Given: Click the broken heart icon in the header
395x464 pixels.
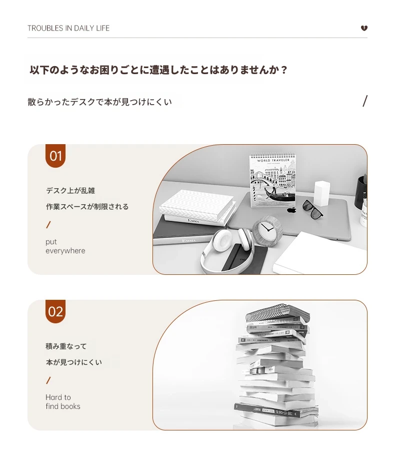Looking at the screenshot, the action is (364, 28).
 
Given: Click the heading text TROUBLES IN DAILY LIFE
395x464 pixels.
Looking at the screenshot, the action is (68, 28).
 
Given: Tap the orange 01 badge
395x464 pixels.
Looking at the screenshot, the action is (55, 156).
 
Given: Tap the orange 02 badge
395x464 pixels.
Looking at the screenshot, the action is (55, 312).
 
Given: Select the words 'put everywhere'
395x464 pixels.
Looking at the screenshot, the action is (65, 246).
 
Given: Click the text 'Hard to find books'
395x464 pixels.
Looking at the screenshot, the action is (63, 402).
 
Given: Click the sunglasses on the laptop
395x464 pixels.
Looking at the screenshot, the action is (313, 209).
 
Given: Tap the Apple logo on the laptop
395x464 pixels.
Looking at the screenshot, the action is (292, 210).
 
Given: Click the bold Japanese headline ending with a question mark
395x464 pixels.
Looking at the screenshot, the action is (158, 70).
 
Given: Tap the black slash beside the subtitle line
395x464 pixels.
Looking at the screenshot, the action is (365, 101).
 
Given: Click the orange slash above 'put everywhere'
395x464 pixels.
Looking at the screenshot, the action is (48, 225).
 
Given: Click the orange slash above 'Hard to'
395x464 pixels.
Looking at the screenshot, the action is (48, 380).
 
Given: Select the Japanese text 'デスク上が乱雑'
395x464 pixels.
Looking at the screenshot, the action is (70, 191).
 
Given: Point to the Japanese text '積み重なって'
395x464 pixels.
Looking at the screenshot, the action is (66, 346).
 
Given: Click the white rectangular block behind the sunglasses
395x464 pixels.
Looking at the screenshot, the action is (321, 193).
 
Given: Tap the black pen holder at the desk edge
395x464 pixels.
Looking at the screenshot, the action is (361, 192).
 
